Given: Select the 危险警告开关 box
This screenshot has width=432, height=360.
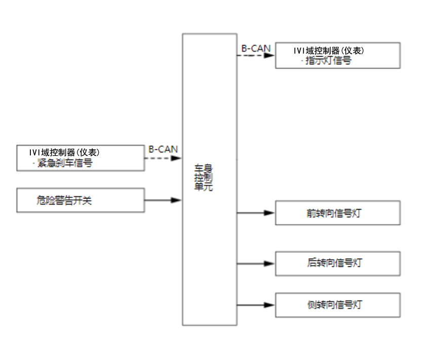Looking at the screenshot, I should [x=81, y=200].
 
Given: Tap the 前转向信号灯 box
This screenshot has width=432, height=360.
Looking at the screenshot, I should [x=337, y=213].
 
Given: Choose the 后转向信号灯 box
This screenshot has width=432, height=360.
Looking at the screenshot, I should [x=337, y=263].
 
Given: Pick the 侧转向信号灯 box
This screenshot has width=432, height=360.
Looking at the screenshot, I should [x=337, y=305].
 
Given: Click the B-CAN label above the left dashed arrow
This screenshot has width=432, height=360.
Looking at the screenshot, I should [x=163, y=149].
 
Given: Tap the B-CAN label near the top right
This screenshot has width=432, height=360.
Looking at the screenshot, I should [x=256, y=49].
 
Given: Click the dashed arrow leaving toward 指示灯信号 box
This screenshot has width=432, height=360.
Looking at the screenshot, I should [x=256, y=55].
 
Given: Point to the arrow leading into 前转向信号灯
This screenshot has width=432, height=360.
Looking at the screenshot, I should [x=256, y=213].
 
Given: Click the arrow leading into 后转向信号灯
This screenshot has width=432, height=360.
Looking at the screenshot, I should [x=256, y=263].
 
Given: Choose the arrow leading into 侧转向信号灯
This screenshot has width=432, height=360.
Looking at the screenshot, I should [x=256, y=305].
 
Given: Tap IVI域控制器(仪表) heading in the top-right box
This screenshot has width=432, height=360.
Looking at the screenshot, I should [x=329, y=51].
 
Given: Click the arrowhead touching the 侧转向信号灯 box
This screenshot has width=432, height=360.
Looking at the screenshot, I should [x=270, y=305].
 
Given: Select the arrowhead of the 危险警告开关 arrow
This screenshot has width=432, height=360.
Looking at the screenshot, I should [x=176, y=200].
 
